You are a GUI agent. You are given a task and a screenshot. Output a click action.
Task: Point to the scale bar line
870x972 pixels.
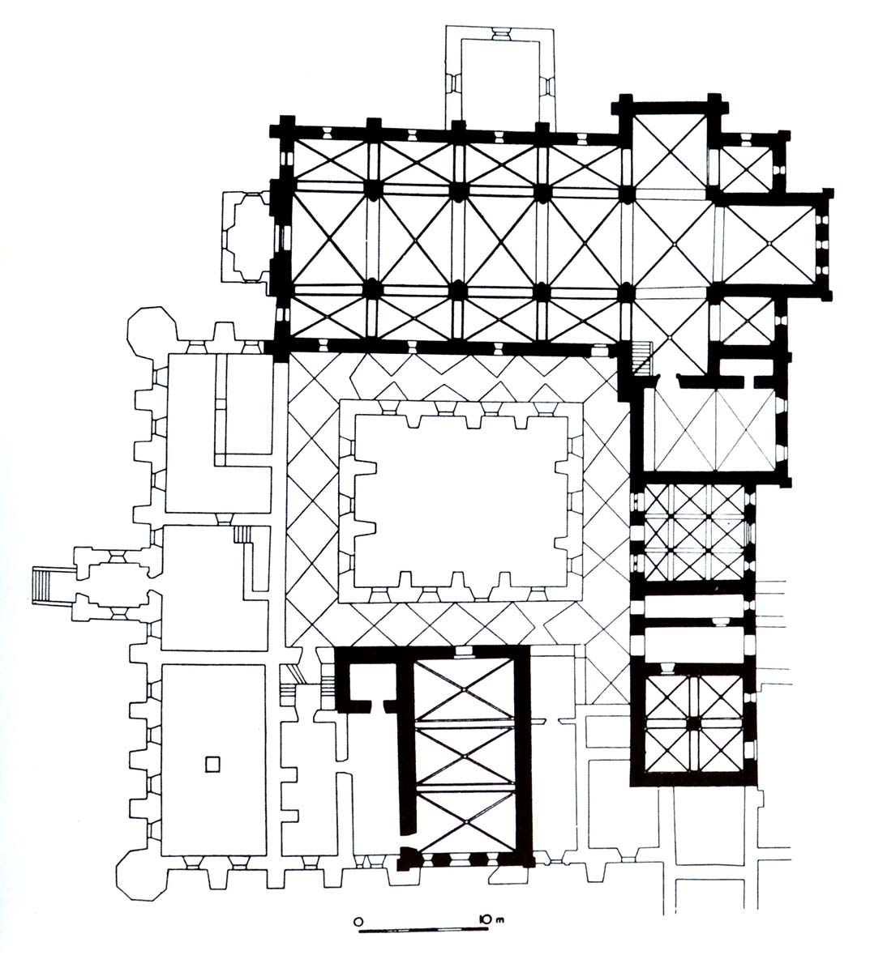[x=424, y=931]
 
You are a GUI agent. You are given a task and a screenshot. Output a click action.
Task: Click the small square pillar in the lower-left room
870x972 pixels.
[x=212, y=765]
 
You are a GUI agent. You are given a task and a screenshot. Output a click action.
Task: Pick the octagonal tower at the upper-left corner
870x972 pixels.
[x=152, y=331]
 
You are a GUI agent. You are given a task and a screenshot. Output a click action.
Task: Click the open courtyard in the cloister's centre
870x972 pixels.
[x=461, y=501]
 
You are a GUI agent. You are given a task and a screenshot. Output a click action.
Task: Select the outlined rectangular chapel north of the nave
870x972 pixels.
[x=500, y=77]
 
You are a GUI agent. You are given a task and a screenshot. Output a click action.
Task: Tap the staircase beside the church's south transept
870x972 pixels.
[x=641, y=357]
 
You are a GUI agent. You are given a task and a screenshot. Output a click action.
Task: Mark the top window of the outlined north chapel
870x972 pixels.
[x=500, y=33]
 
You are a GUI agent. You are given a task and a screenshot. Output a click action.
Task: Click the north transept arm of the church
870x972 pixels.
[x=670, y=151]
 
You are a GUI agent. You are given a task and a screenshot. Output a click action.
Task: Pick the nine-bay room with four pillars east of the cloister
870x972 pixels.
[x=694, y=533]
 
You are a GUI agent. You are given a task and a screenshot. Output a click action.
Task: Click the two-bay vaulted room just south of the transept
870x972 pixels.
[x=715, y=429]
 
